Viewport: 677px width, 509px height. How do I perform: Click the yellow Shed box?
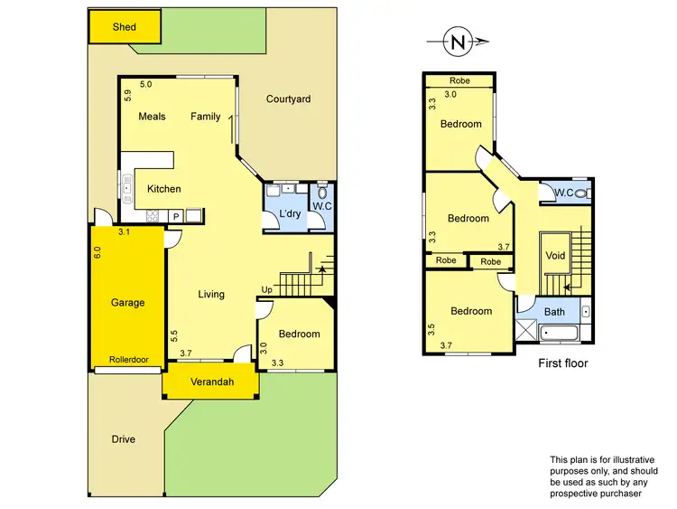click(124, 27)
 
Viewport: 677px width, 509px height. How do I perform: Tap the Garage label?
click(127, 303)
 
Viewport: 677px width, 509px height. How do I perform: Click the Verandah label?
click(211, 382)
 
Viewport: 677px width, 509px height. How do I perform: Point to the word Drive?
click(124, 439)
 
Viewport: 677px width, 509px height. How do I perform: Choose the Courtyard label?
click(288, 99)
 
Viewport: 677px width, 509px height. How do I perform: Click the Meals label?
click(152, 117)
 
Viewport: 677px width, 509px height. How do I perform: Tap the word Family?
click(206, 117)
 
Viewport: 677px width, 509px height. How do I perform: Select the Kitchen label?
click(164, 189)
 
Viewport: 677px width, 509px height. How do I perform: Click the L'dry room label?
click(290, 213)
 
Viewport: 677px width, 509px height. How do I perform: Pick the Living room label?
click(211, 294)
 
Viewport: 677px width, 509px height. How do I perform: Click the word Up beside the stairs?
click(266, 289)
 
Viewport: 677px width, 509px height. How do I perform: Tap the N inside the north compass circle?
click(459, 41)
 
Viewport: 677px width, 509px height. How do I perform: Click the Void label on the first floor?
click(555, 256)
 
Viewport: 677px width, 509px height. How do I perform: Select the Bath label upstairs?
click(554, 312)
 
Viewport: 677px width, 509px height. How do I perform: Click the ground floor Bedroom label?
click(299, 334)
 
